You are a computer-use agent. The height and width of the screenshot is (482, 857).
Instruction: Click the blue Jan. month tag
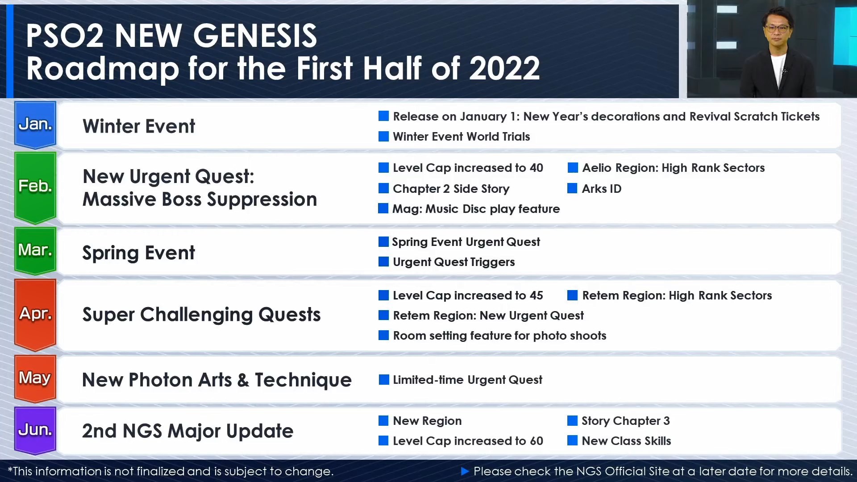click(x=35, y=125)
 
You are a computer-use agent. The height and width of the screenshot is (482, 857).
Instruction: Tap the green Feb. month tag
click(x=35, y=187)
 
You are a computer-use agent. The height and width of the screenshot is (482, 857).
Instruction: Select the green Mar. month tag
click(x=35, y=250)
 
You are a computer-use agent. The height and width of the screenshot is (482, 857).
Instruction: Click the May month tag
click(x=35, y=378)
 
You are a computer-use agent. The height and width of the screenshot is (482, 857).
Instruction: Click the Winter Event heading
click(x=139, y=126)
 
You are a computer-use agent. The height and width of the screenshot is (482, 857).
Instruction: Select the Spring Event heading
click(x=139, y=253)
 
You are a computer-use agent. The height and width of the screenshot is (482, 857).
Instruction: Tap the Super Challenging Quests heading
click(x=201, y=315)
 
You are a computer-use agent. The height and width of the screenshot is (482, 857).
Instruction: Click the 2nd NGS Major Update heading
click(x=188, y=431)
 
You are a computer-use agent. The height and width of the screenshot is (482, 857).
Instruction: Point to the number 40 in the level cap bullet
click(x=536, y=168)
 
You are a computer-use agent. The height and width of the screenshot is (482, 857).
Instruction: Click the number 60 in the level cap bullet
click(x=536, y=441)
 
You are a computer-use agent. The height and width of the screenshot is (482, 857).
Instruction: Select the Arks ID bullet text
click(x=602, y=189)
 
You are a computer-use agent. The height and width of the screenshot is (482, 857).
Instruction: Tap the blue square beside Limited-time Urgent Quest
click(x=384, y=380)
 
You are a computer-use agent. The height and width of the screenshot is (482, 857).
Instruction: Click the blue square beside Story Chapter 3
click(x=572, y=420)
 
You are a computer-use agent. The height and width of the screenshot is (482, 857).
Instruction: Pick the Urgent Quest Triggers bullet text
click(x=454, y=262)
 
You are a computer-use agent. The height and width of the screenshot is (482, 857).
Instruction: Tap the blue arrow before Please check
click(x=465, y=471)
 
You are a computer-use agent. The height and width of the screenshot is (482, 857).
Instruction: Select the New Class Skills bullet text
click(x=626, y=441)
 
